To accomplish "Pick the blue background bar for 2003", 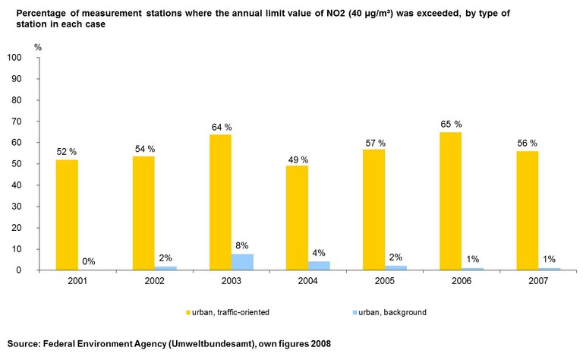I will coord(243,262).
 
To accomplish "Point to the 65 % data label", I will coord(452,123).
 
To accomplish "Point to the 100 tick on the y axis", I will coord(15,58).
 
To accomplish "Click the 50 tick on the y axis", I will coord(17,164).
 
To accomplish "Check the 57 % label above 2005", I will coord(375,143).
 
